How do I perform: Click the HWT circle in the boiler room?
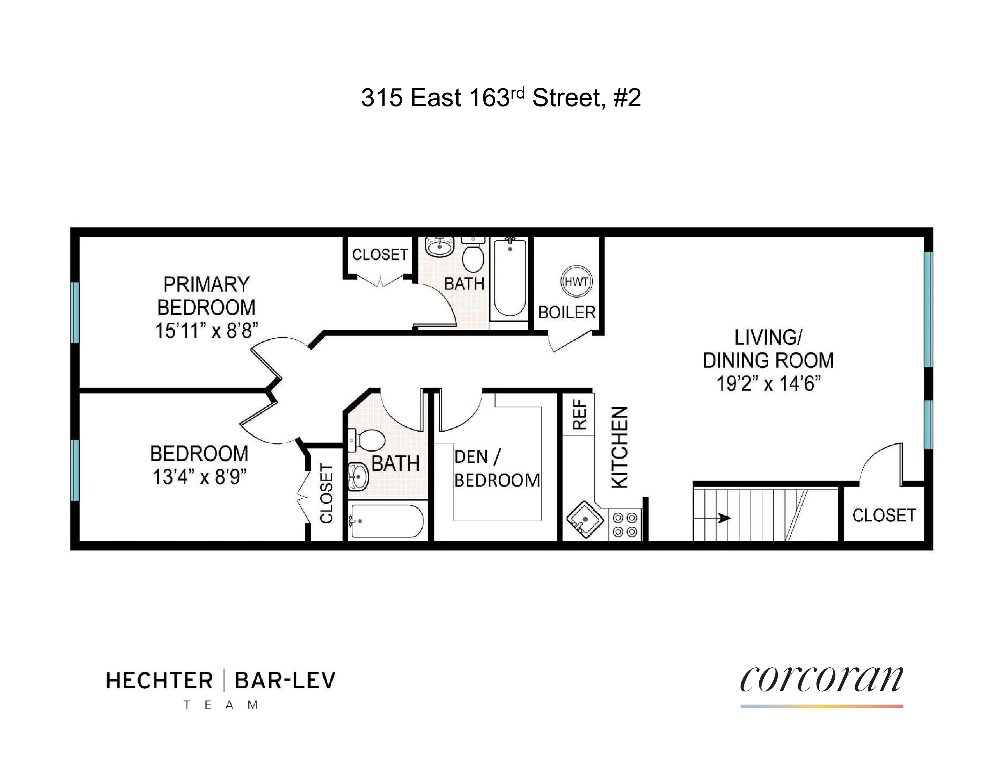pyautogui.click(x=576, y=281)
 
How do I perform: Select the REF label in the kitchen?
pyautogui.click(x=580, y=415)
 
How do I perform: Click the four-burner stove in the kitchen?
pyautogui.click(x=625, y=525)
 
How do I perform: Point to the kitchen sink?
pyautogui.click(x=584, y=519)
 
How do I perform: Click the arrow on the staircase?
pyautogui.click(x=723, y=518)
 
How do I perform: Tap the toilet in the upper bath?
pyautogui.click(x=472, y=255)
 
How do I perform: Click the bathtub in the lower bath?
pyautogui.click(x=386, y=521)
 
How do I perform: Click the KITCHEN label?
pyautogui.click(x=619, y=447)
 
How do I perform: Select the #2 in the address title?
pyautogui.click(x=627, y=98)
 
